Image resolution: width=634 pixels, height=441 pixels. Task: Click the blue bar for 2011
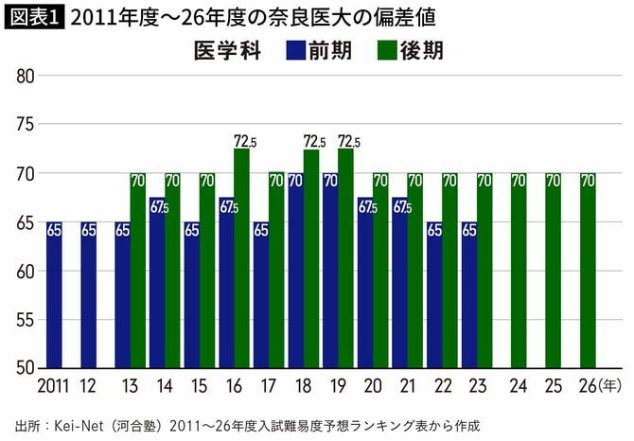point(54,294)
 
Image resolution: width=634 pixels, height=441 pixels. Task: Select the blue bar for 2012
point(88,294)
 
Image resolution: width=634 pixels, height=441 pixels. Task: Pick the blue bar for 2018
point(295,270)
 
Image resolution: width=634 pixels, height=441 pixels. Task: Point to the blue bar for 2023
point(468,294)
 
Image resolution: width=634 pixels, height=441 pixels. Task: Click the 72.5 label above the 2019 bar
point(348,141)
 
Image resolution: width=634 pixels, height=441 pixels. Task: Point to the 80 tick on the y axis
point(26,76)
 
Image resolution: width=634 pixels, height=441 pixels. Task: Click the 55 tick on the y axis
point(26,319)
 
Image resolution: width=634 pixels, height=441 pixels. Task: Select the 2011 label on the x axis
point(53,385)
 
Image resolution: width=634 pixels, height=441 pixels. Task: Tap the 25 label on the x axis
point(553,385)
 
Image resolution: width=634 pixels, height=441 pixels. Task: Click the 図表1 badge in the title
point(35,17)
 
